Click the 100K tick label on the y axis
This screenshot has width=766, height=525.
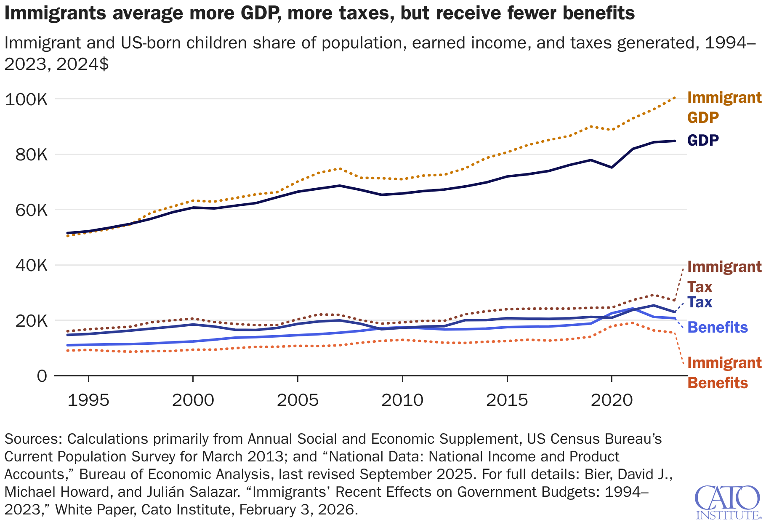coord(26,100)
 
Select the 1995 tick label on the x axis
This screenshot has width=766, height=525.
coord(88,400)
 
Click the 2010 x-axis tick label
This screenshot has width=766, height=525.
coord(402,400)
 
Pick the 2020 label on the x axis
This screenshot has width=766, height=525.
coord(612,400)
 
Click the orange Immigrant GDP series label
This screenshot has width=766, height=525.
coord(724,107)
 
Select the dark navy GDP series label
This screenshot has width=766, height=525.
coord(703,140)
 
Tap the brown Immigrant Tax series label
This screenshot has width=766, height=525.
coord(724,277)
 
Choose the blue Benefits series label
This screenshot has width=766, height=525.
coord(718,328)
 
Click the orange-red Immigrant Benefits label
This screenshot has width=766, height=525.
coord(724,373)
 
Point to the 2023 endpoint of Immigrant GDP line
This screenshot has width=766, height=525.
coord(675,98)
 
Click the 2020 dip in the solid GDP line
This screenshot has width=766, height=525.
coord(612,168)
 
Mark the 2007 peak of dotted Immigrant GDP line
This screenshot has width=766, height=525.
coord(340,168)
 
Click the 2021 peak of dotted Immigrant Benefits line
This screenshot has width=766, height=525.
coord(633,323)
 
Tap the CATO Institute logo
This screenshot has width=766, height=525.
coord(727,502)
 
